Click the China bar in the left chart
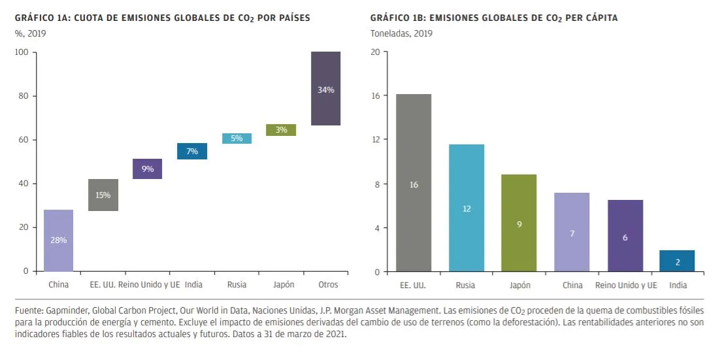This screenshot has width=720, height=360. pos(58,240)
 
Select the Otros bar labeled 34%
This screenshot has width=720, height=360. pos(325,88)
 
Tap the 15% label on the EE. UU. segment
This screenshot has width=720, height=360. pos(103,195)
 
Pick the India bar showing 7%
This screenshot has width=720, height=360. pos(192,151)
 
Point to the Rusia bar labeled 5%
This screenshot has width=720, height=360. pos(237,139)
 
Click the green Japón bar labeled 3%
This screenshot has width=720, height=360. pos(281,130)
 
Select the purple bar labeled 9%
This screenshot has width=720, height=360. pos(148,169)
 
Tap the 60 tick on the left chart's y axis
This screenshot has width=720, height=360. pos(24,140)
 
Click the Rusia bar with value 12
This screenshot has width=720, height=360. pos(466,208)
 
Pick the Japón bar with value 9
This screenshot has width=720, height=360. pos(519,223)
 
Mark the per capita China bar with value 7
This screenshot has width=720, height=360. pos(572,232)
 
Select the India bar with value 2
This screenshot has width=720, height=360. pos(677,261)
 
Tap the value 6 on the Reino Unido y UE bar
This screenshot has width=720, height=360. pos(625,237)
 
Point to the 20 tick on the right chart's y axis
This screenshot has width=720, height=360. pos(375,52)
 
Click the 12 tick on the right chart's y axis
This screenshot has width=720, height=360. pos(375,140)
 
